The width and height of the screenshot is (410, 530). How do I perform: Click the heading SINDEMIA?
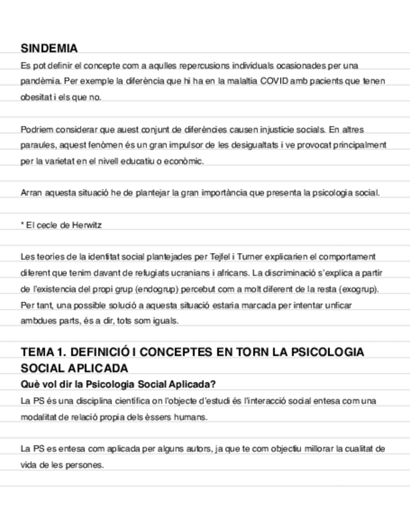[49, 49]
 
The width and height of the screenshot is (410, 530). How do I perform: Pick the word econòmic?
[186, 161]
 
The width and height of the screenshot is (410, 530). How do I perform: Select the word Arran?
[31, 192]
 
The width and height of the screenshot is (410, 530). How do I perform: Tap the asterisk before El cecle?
[22, 224]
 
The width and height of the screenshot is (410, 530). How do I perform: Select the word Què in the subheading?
[30, 384]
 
